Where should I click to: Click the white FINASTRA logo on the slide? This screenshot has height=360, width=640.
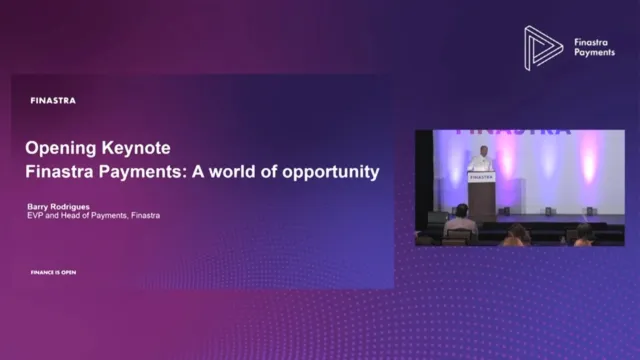coord(54,100)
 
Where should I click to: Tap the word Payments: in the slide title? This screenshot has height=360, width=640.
coord(136,171)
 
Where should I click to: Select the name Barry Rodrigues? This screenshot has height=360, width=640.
coord(62,206)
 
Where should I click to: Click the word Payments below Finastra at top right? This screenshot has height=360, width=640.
coord(595,53)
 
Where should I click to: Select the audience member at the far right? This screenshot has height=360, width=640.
coord(584,236)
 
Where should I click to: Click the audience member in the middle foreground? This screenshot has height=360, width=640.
coord(516,235)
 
